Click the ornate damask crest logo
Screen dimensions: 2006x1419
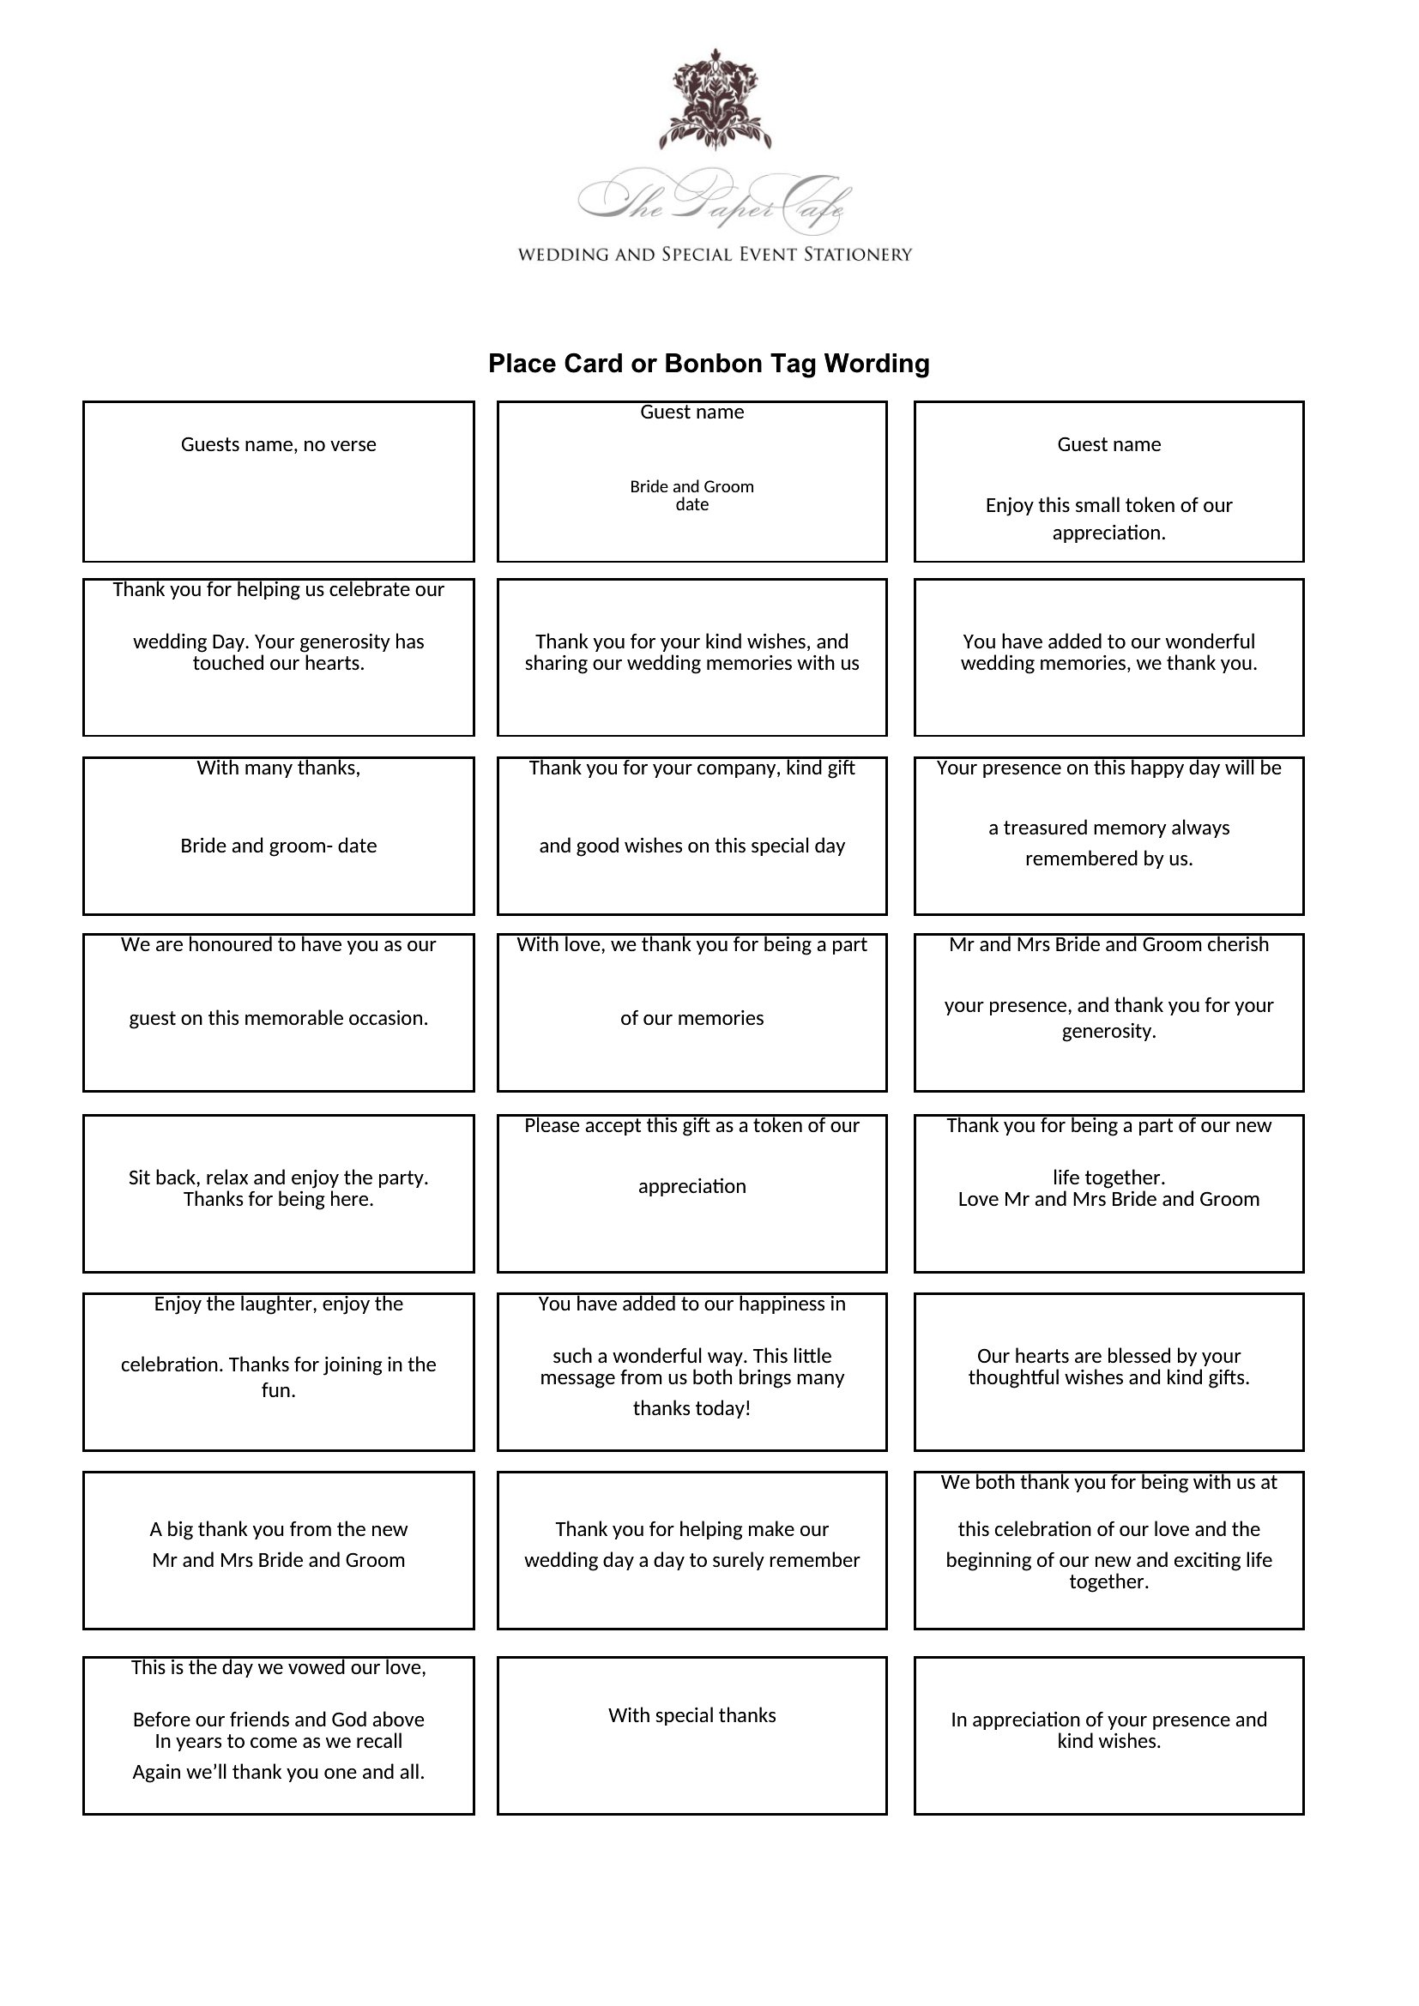click(x=715, y=99)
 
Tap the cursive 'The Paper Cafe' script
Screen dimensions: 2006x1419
click(x=715, y=201)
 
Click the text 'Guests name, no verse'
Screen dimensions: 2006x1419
click(x=279, y=445)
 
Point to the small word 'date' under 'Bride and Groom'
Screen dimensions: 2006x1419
click(x=692, y=505)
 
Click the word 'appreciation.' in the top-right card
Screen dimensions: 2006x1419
click(x=1108, y=533)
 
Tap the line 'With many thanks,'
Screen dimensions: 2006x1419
click(x=279, y=768)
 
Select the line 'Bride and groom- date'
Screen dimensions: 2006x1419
click(x=279, y=846)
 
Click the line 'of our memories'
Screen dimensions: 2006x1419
click(x=692, y=1018)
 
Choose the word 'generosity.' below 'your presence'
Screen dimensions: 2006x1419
click(x=1108, y=1031)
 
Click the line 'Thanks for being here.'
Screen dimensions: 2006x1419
click(x=279, y=1200)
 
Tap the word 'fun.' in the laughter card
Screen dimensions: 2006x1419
click(x=279, y=1390)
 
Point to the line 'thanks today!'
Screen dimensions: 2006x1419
click(x=692, y=1408)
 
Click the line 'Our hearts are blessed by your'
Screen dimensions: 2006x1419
click(x=1108, y=1356)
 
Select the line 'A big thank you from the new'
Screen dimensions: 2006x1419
click(x=279, y=1529)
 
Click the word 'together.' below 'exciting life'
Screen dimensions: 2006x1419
click(x=1108, y=1581)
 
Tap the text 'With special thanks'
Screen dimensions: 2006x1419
click(x=692, y=1715)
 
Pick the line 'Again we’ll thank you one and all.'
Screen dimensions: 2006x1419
click(x=279, y=1772)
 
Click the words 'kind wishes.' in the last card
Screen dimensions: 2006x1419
click(x=1108, y=1741)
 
